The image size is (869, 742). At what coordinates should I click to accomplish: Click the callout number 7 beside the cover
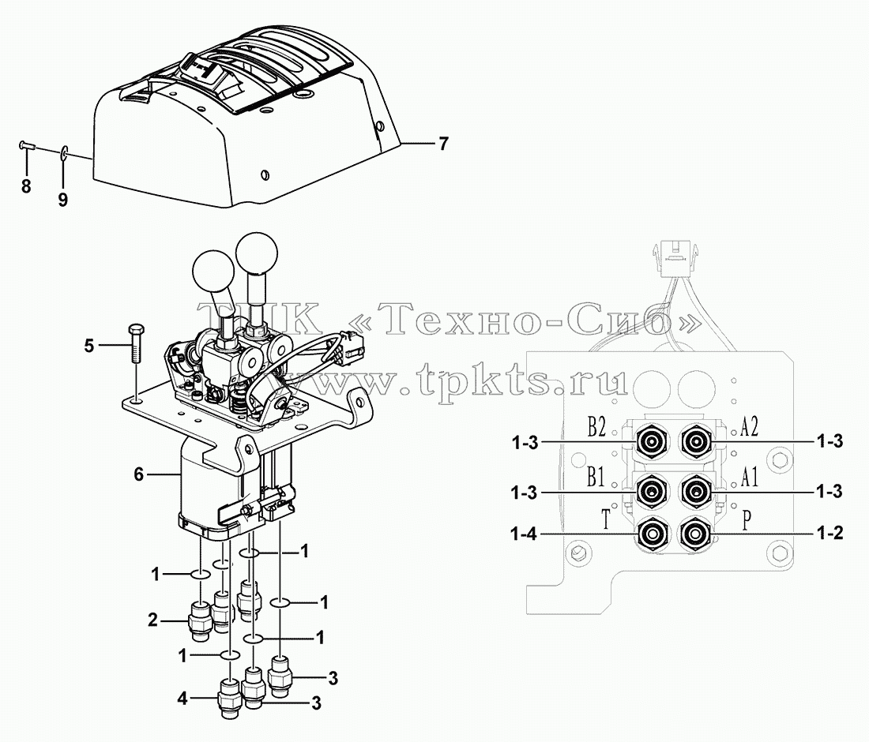(443, 144)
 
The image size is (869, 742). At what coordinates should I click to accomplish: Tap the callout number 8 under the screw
(26, 186)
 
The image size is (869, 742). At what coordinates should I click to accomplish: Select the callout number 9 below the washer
(62, 200)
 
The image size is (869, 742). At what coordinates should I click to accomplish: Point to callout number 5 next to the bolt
(89, 346)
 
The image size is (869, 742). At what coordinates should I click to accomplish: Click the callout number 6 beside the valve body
(138, 474)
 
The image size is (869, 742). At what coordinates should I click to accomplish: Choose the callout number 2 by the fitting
(152, 620)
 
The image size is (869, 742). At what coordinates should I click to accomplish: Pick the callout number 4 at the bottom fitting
(182, 699)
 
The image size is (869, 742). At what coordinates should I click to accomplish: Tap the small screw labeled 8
(27, 145)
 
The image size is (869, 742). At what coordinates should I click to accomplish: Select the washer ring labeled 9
(64, 152)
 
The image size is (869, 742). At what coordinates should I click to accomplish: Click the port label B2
(596, 428)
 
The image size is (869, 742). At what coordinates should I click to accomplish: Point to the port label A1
(749, 478)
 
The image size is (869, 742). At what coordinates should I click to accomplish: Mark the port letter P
(747, 521)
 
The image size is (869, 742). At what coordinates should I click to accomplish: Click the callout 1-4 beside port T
(523, 535)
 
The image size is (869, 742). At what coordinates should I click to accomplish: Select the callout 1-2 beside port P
(829, 534)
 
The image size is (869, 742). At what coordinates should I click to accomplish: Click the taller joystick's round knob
(256, 253)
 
